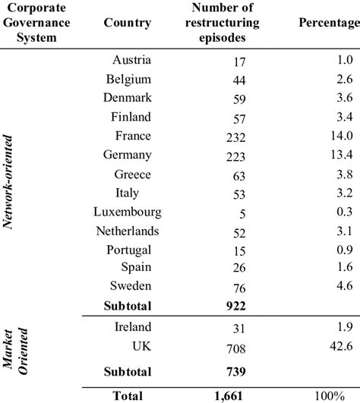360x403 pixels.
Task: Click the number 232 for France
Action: tap(226, 137)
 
